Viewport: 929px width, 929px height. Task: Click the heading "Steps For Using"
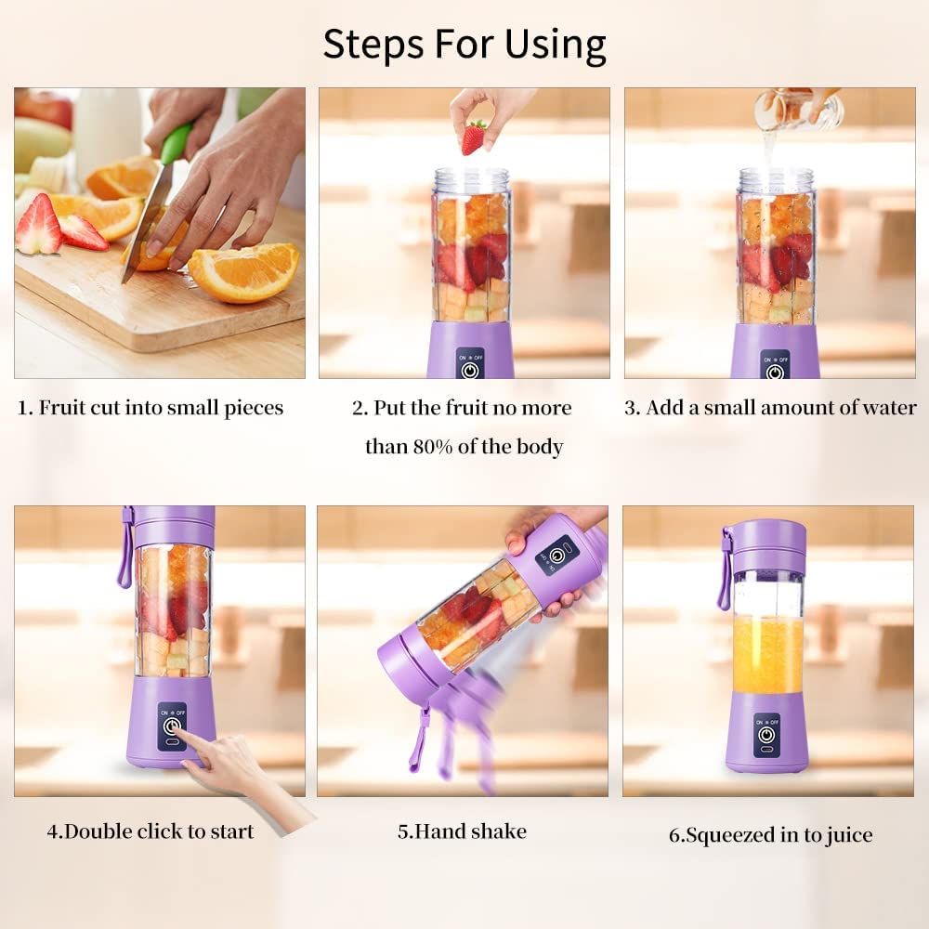pyautogui.click(x=464, y=45)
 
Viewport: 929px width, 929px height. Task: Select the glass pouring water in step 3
pyautogui.click(x=797, y=111)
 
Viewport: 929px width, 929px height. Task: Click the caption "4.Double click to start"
pyautogui.click(x=150, y=831)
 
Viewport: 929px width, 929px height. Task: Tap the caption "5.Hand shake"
pyautogui.click(x=462, y=831)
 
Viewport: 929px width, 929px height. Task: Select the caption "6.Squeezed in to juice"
pyautogui.click(x=770, y=835)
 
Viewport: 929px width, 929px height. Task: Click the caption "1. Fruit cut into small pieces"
pyautogui.click(x=150, y=408)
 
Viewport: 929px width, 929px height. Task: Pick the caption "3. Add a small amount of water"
pyautogui.click(x=770, y=408)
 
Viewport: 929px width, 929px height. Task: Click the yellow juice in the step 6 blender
pyautogui.click(x=767, y=655)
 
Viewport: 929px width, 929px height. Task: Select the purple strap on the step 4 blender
pyautogui.click(x=125, y=553)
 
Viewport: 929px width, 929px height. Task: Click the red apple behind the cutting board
pyautogui.click(x=45, y=108)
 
